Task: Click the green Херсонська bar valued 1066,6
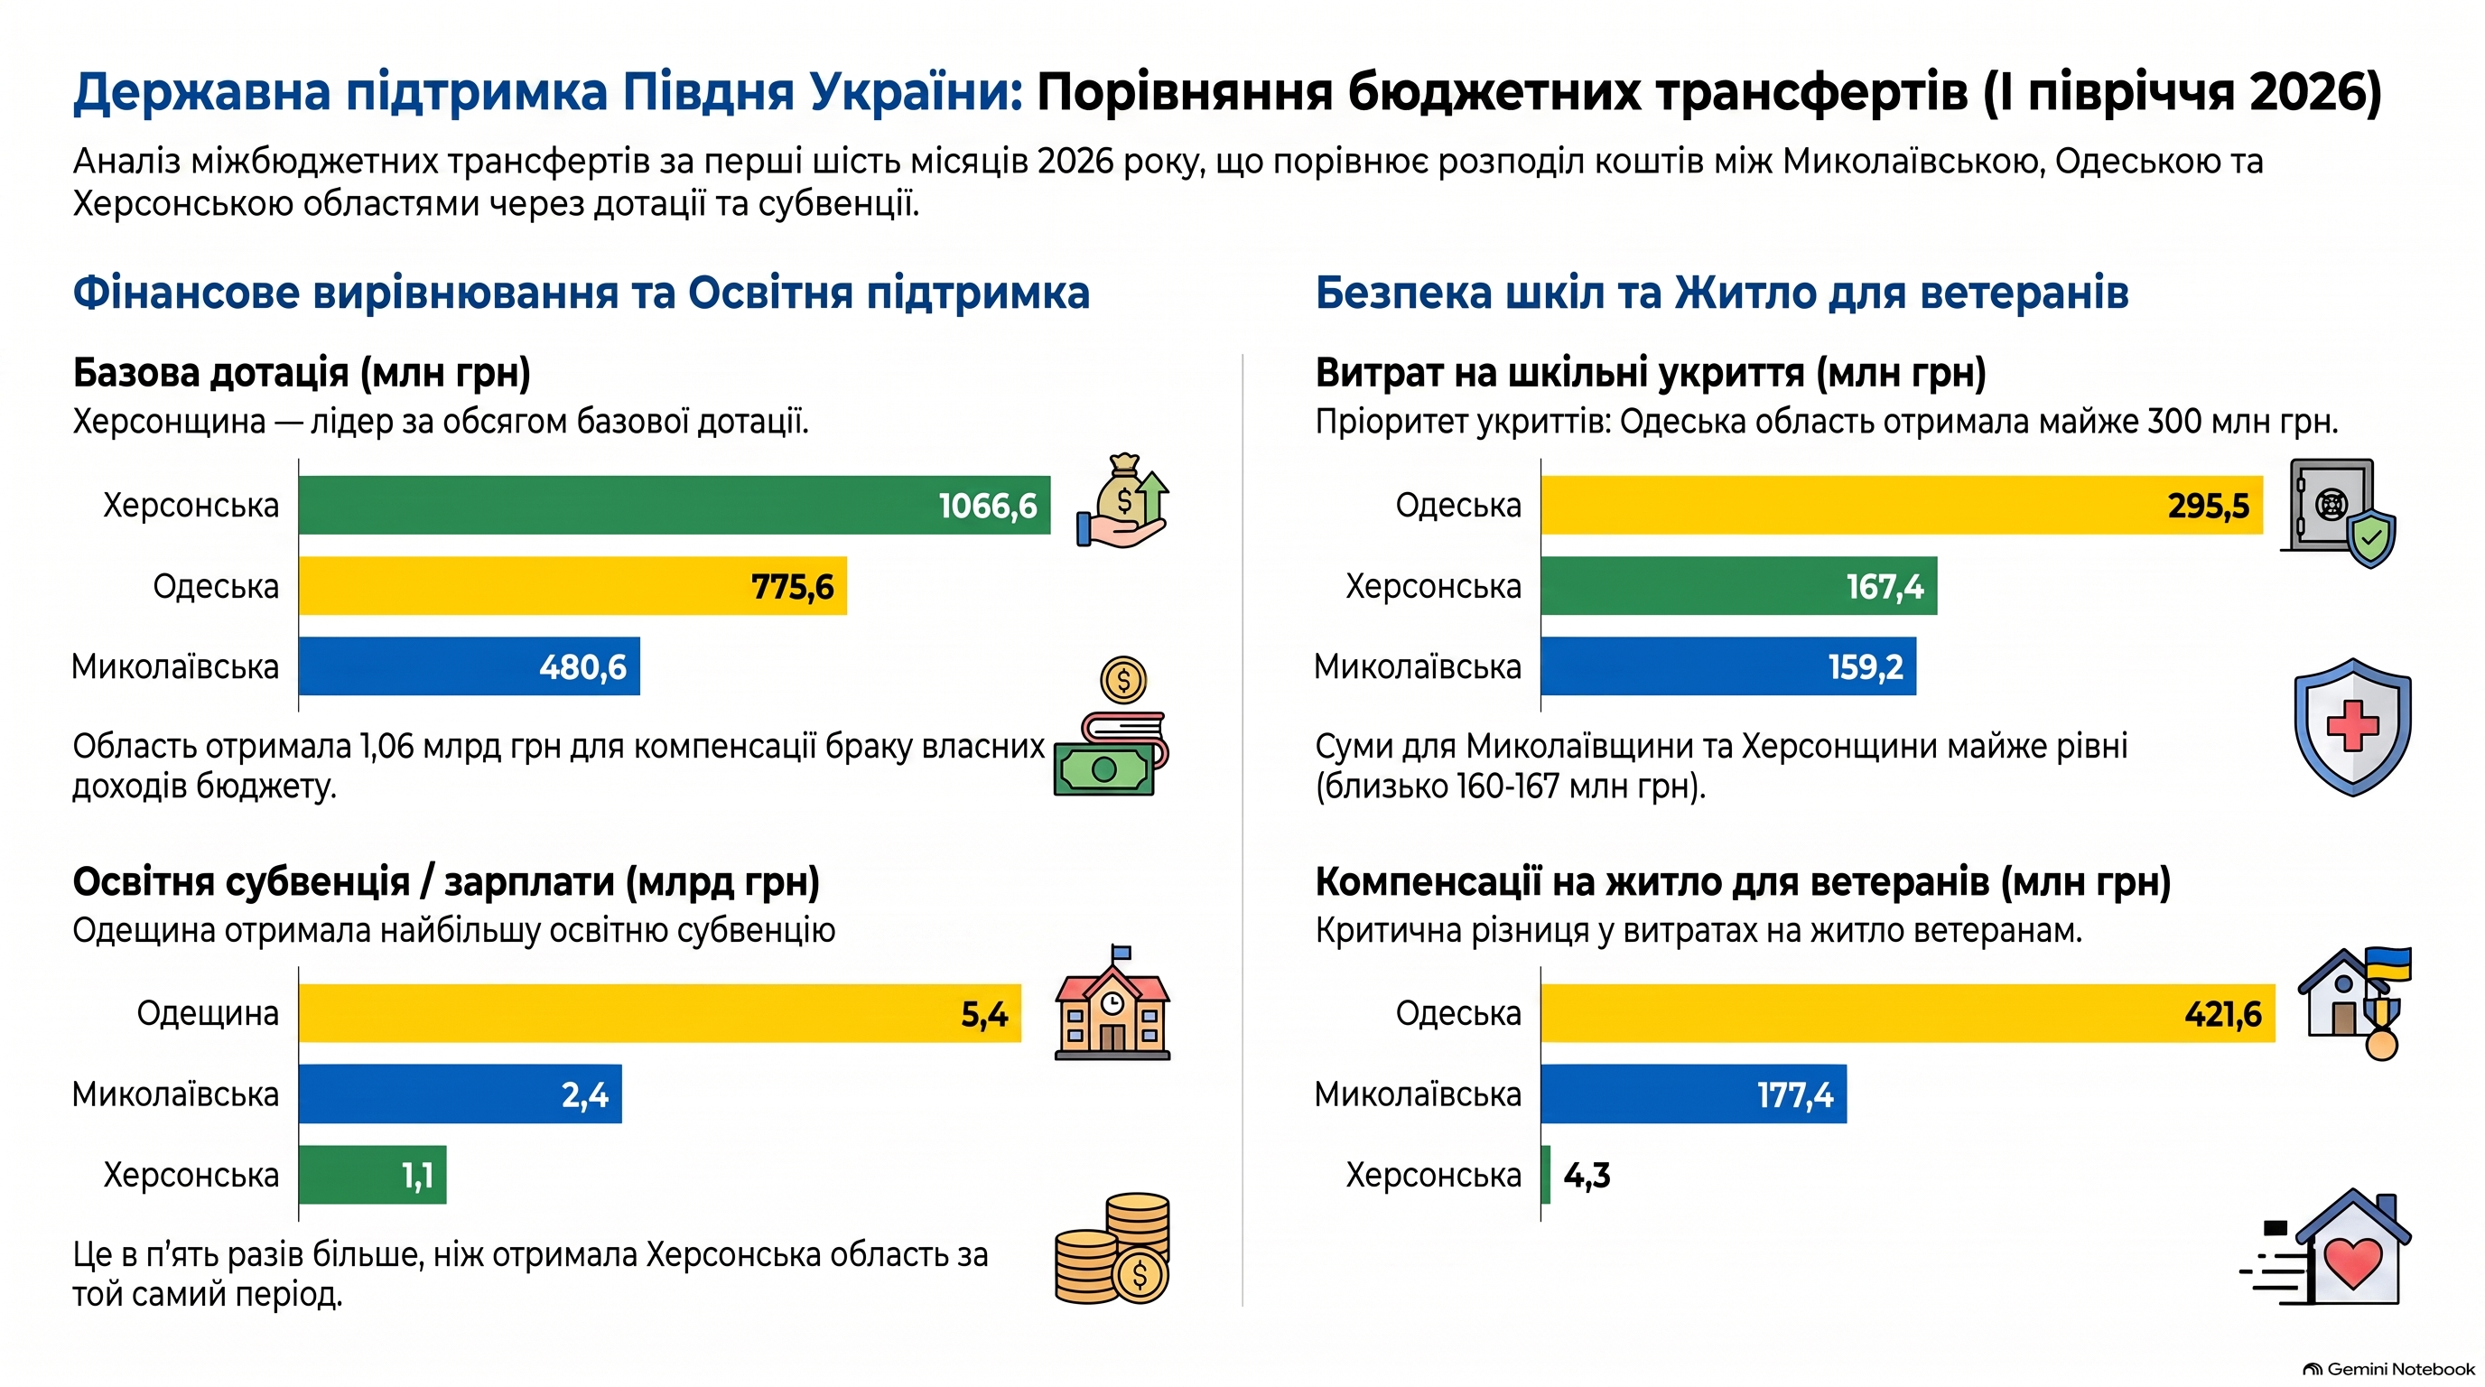675,505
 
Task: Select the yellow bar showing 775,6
573,585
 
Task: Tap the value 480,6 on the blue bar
582,666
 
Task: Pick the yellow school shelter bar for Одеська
1902,505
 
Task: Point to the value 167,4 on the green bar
1884,586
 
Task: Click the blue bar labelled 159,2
1728,666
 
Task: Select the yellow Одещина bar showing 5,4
660,1013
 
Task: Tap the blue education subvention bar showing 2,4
461,1094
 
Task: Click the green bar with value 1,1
372,1175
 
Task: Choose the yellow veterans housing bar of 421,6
1908,1013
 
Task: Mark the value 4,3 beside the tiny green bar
1587,1176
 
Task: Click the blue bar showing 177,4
1694,1094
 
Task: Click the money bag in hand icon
1122,500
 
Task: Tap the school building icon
1112,1003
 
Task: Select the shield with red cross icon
2352,727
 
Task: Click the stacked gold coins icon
1112,1249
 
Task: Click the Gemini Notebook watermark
2388,1369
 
